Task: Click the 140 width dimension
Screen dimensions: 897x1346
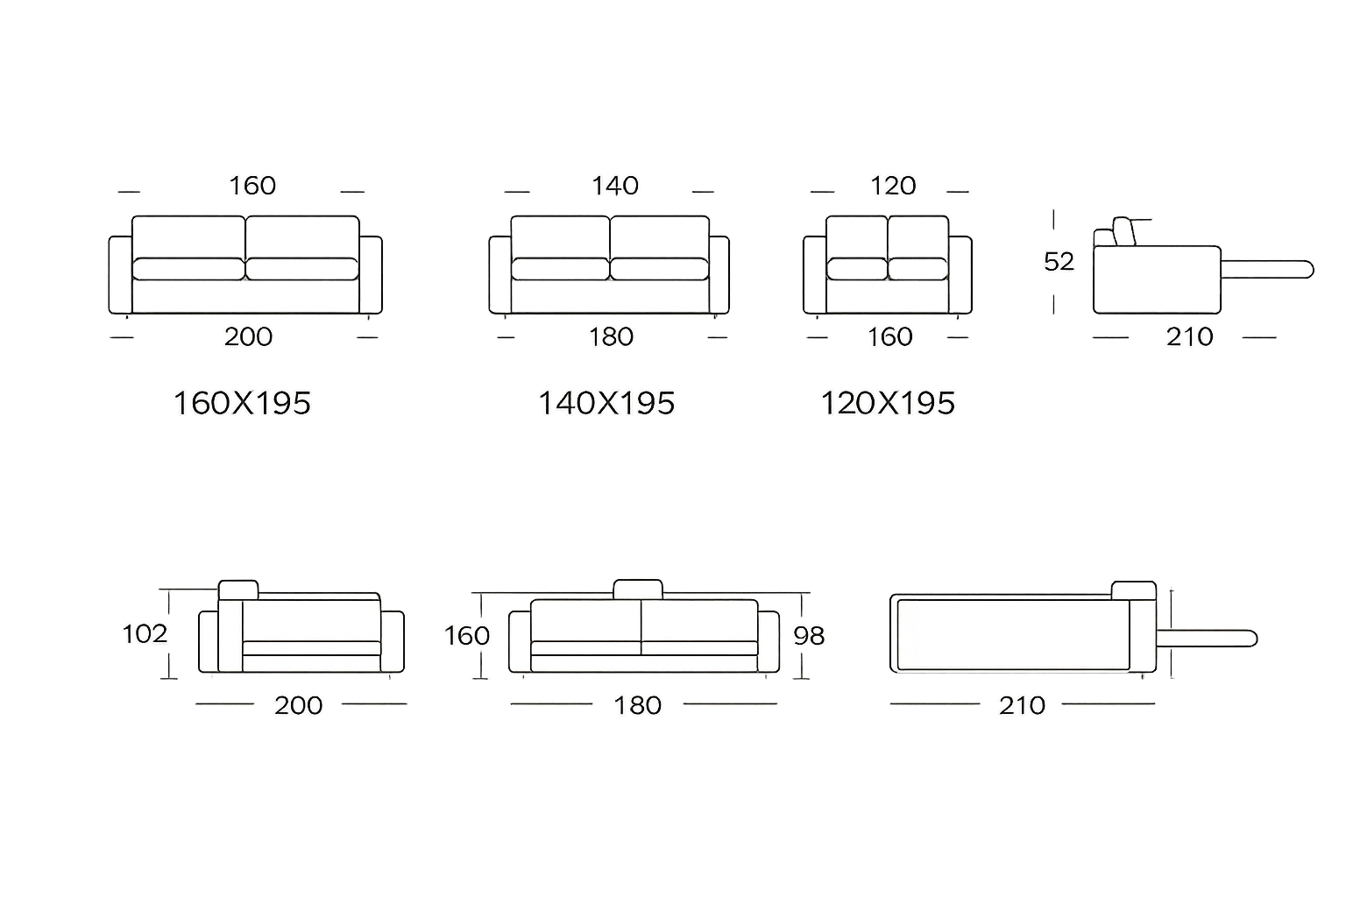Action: [x=615, y=186]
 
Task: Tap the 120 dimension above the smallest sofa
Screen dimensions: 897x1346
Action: [x=892, y=186]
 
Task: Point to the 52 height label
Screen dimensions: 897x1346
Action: [x=1059, y=262]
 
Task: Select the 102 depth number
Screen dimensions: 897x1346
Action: [x=145, y=633]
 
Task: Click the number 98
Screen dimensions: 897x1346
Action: [x=809, y=636]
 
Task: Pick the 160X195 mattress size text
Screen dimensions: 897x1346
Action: [x=242, y=404]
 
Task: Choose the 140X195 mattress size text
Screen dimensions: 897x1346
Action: [x=606, y=404]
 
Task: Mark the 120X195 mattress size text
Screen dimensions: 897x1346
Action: [x=888, y=404]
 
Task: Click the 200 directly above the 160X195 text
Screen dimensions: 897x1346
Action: [x=248, y=337]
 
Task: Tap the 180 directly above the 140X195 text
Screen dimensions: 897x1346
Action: [x=611, y=337]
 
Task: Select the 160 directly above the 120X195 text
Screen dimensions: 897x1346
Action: [x=889, y=337]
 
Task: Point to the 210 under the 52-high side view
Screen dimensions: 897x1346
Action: [x=1189, y=337]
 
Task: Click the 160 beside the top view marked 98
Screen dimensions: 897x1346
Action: [x=467, y=636]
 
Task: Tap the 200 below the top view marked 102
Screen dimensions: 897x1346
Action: [x=298, y=706]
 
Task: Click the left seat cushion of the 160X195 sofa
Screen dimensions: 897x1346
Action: [x=188, y=269]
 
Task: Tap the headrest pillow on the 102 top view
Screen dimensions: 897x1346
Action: [x=238, y=590]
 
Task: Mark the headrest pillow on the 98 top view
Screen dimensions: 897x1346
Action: [x=638, y=589]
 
